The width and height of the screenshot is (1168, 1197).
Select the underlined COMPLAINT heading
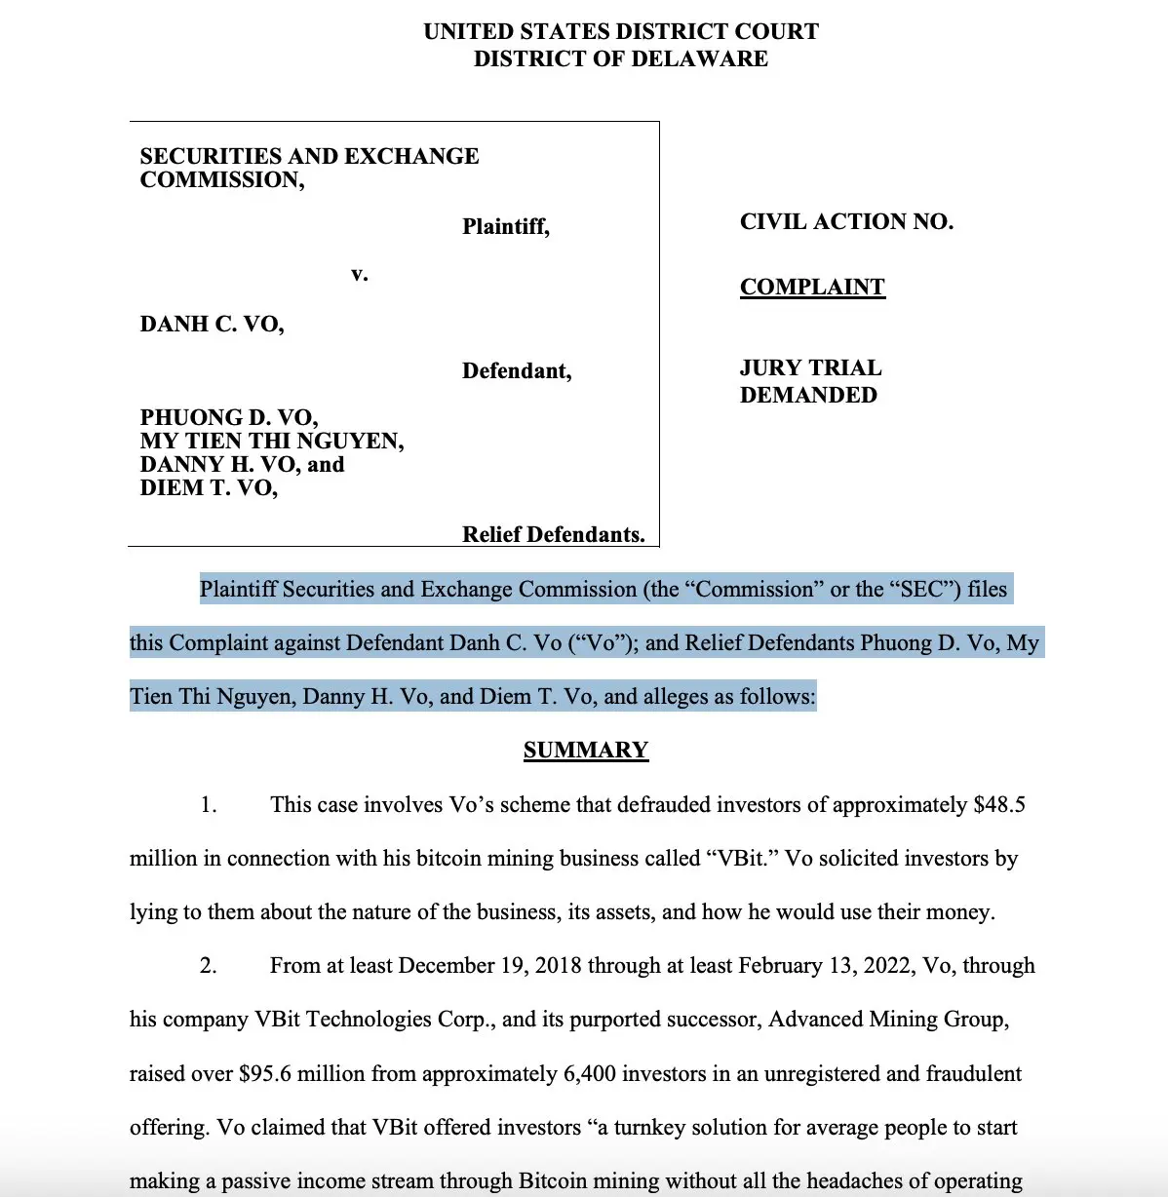click(812, 287)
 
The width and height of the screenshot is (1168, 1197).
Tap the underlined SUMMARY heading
click(585, 750)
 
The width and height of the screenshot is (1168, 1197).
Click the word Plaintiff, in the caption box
click(506, 227)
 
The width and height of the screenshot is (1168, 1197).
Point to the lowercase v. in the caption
click(360, 274)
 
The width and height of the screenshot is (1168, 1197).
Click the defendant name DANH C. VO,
click(212, 325)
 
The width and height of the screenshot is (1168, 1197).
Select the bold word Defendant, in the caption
click(517, 371)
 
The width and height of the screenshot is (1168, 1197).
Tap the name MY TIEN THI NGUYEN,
click(272, 442)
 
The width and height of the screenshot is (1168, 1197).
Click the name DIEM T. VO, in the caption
click(209, 488)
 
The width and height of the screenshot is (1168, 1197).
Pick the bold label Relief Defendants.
click(553, 534)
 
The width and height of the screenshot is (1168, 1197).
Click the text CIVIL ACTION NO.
click(846, 222)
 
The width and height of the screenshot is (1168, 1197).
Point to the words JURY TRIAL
click(810, 367)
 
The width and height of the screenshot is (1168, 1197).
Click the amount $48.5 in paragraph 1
click(999, 805)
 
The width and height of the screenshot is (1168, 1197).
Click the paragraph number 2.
click(208, 966)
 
